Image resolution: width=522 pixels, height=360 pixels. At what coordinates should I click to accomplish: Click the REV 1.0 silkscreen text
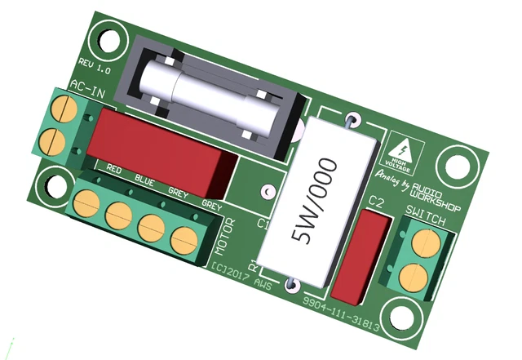click(95, 66)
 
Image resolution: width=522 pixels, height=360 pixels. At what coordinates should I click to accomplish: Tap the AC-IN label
click(86, 87)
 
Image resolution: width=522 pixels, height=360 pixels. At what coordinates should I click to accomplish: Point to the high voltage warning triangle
click(401, 148)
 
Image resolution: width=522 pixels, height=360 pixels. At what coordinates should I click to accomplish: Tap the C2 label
click(376, 202)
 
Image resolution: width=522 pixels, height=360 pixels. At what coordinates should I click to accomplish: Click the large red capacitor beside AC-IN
click(159, 147)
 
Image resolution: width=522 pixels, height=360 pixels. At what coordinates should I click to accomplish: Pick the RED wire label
click(114, 170)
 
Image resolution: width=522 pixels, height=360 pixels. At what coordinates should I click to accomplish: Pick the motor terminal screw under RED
click(86, 202)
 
